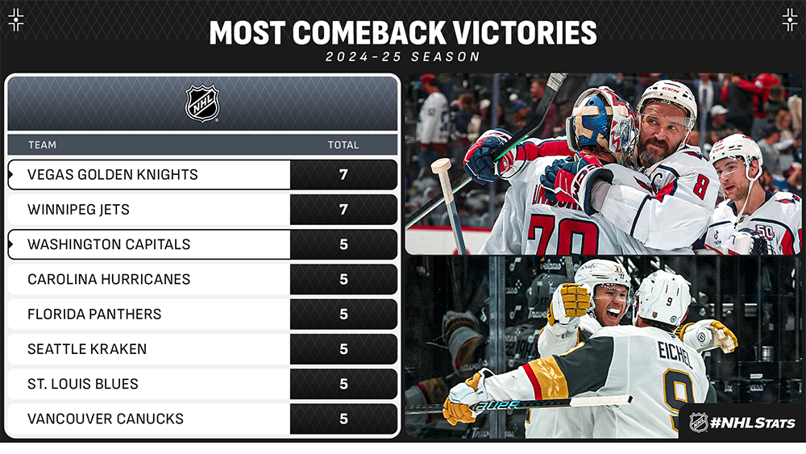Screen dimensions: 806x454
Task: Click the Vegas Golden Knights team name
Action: [x=113, y=175]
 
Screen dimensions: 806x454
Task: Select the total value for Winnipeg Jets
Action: [x=343, y=210]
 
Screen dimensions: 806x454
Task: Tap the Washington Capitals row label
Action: [x=109, y=244]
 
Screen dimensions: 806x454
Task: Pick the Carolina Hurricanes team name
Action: [x=109, y=279]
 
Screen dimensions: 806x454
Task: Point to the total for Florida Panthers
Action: [x=343, y=314]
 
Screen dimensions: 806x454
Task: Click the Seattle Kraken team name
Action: [x=87, y=349]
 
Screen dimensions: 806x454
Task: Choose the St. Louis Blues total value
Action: [x=343, y=384]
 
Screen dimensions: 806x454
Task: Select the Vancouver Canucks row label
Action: [x=106, y=419]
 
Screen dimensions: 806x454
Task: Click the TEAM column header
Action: [x=42, y=145]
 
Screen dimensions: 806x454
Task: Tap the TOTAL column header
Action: [x=343, y=145]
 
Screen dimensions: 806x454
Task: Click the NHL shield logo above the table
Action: [x=202, y=103]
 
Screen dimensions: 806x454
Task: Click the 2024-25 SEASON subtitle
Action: [x=403, y=57]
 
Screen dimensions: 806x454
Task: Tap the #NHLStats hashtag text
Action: [x=753, y=423]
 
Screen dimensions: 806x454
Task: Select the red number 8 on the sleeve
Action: [x=700, y=186]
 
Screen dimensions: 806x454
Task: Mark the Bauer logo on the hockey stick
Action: [x=496, y=405]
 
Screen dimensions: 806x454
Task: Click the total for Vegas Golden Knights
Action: [x=343, y=175]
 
